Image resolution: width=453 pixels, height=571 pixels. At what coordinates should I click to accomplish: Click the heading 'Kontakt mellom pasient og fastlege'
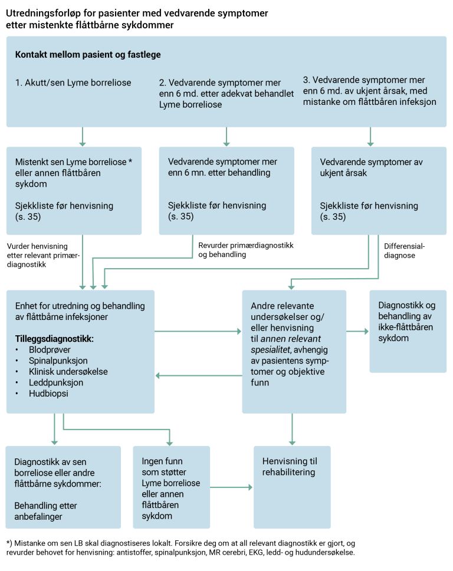click(x=88, y=55)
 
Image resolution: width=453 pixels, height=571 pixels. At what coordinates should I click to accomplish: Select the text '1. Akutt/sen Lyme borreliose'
click(x=73, y=82)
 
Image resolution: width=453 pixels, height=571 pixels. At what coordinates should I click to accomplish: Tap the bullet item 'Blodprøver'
click(x=50, y=350)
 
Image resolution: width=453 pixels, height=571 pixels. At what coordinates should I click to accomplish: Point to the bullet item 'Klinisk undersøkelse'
click(x=68, y=372)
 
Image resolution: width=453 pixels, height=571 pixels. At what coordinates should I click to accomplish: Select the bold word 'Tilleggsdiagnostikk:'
click(x=54, y=339)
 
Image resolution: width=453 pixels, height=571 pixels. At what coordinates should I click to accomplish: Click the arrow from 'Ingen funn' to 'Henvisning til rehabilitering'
click(x=231, y=487)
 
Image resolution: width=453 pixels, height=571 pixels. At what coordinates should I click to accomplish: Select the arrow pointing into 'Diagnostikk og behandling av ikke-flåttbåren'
click(x=357, y=332)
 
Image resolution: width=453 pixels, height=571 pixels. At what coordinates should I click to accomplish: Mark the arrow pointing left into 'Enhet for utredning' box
click(x=198, y=375)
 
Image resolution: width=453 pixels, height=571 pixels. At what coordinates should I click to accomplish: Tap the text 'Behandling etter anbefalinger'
click(x=46, y=511)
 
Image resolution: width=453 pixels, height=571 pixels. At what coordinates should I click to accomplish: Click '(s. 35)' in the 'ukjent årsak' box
click(x=333, y=217)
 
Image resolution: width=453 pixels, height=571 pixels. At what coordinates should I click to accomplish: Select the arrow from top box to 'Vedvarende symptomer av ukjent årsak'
click(x=370, y=137)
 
